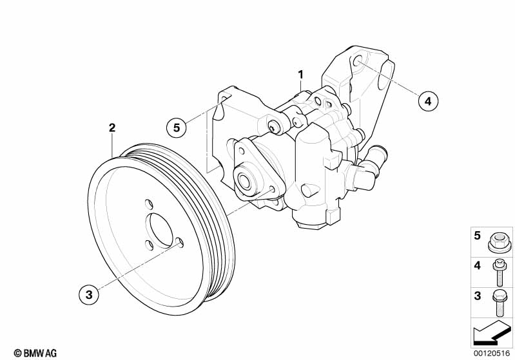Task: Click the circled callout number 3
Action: [x=90, y=295]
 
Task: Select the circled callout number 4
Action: [x=427, y=100]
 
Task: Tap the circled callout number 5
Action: [x=176, y=127]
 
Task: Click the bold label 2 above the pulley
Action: [x=112, y=128]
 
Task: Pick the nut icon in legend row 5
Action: [x=500, y=243]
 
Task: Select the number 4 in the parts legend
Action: [x=478, y=265]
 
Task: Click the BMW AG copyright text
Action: [x=35, y=353]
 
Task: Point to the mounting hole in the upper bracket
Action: [x=358, y=62]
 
